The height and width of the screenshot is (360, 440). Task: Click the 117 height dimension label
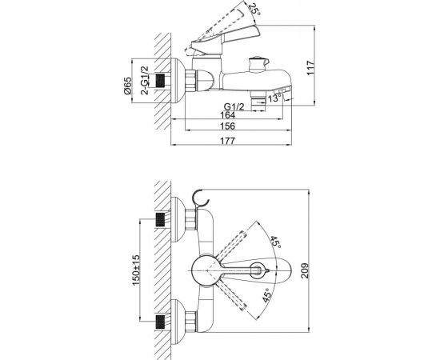(310, 68)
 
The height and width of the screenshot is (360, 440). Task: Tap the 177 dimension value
(227, 141)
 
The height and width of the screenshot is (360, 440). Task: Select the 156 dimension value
(227, 126)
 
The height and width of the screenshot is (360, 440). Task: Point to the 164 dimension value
(227, 115)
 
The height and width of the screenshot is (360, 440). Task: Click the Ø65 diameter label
(127, 86)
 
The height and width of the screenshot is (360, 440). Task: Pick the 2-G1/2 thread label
(145, 81)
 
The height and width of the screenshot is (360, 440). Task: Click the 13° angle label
(274, 98)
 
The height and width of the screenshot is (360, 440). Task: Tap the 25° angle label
(254, 10)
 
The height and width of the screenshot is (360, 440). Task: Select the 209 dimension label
(305, 270)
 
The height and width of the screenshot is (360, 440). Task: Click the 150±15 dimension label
(136, 270)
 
